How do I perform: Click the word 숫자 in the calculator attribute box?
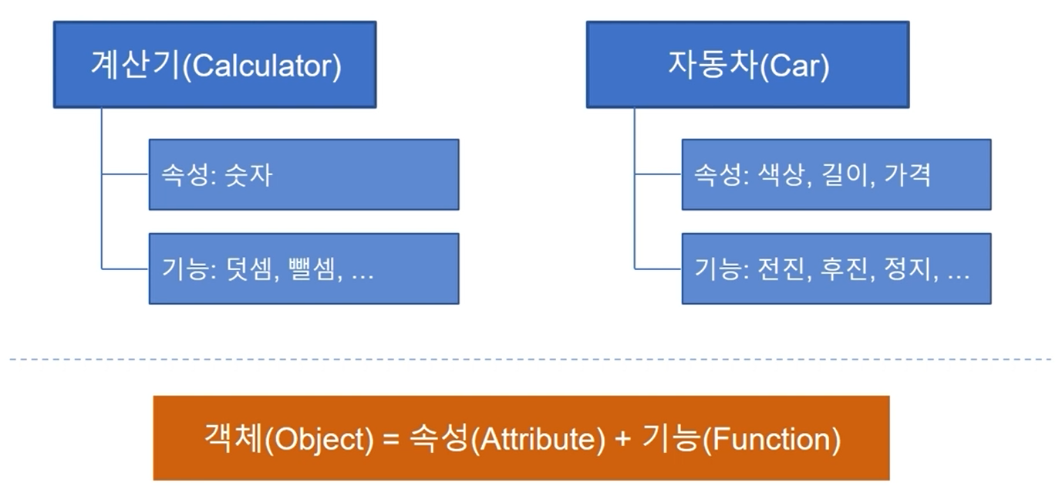coord(248,175)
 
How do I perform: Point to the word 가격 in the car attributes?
coord(907,175)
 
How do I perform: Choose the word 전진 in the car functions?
coord(777,269)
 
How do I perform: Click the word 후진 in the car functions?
coord(843,269)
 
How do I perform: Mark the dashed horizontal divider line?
coord(529,359)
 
